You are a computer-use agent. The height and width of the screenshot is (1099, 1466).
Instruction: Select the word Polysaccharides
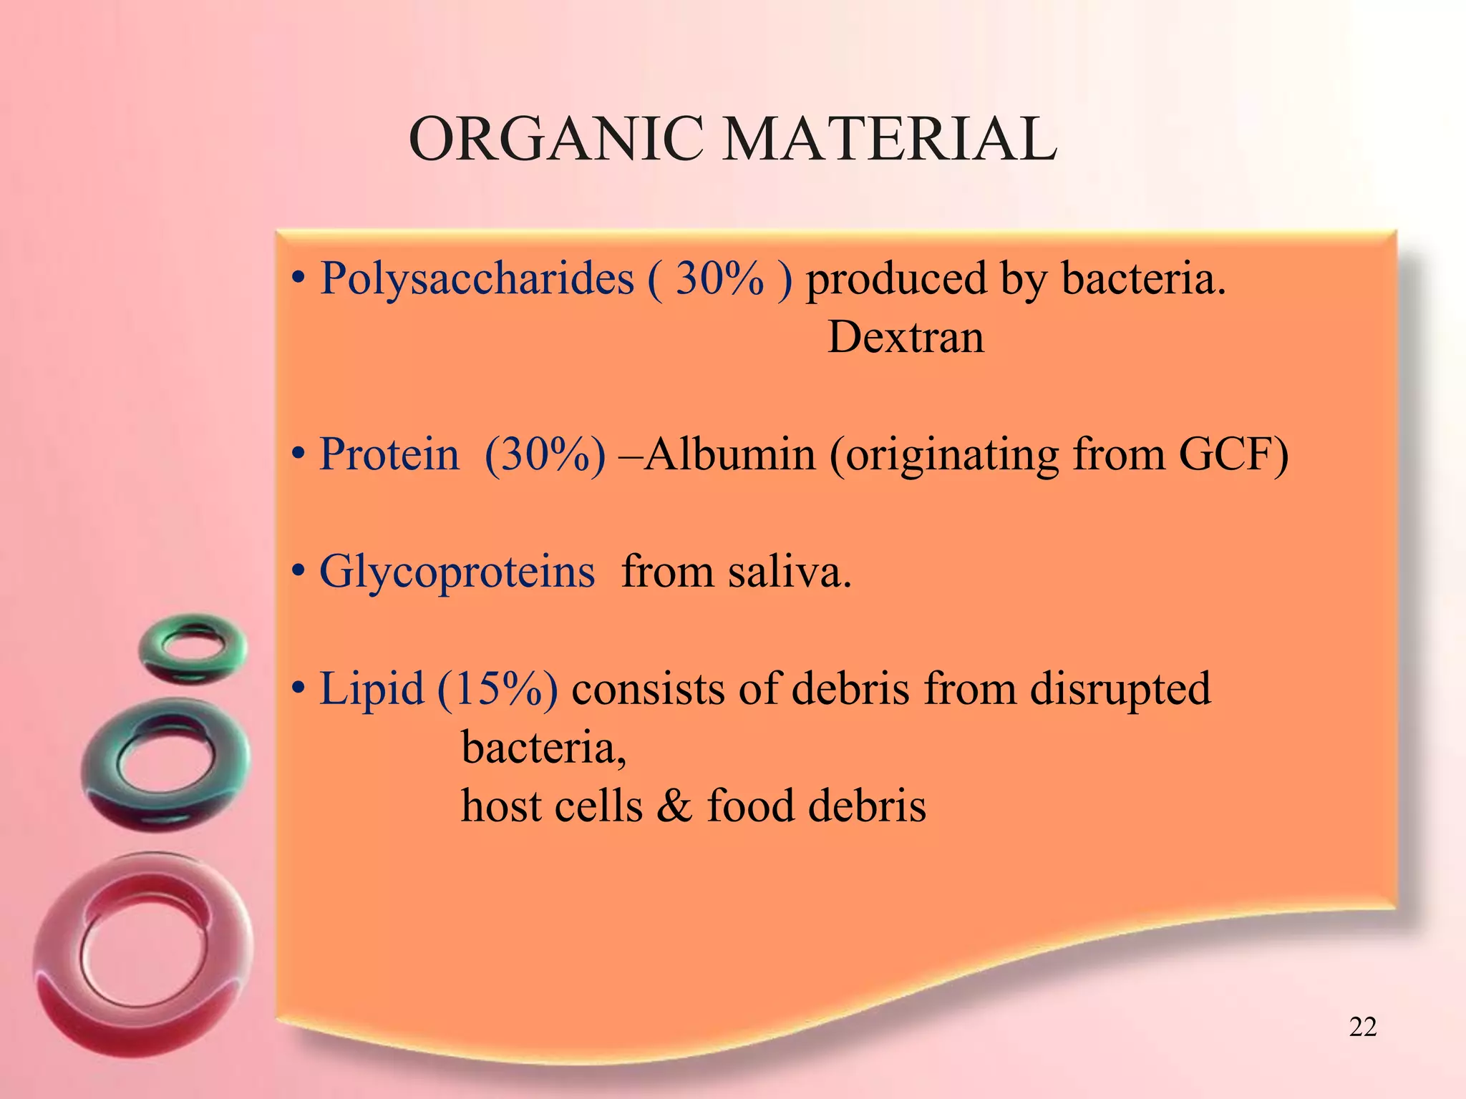tap(477, 278)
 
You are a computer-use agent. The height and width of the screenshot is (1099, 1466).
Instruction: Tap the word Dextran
tap(906, 337)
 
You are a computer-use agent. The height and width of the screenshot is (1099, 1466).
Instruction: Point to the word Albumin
tap(730, 454)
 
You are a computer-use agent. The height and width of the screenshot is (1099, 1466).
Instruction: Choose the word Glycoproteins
tap(457, 572)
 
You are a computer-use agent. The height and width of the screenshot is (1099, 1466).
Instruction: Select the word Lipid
tap(372, 689)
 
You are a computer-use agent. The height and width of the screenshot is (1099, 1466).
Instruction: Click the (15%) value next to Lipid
tap(497, 689)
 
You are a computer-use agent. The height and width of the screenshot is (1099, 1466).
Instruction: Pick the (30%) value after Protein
tap(545, 454)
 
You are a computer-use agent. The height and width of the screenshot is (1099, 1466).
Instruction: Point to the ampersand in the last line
tap(674, 806)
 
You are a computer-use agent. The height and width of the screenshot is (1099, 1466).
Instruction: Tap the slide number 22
tap(1362, 1027)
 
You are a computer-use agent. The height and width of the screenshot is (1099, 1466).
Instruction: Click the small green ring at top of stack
tap(193, 648)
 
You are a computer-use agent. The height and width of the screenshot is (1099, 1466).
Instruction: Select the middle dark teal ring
tap(166, 764)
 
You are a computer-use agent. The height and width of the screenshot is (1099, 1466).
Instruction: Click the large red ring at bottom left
tap(143, 952)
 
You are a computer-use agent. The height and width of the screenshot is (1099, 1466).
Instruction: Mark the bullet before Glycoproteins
tap(298, 573)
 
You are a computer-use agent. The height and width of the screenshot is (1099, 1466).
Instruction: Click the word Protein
tap(389, 454)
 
